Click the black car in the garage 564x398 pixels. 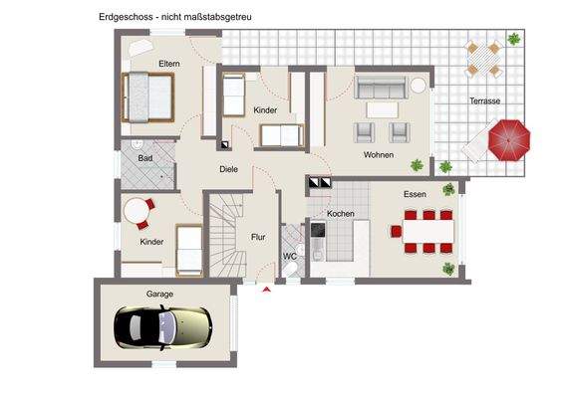(x=162, y=324)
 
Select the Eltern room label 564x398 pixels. (x=168, y=65)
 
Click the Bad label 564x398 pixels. (x=144, y=158)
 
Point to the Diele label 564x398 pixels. (x=228, y=168)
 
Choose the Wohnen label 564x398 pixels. (x=378, y=155)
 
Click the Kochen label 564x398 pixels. (x=341, y=214)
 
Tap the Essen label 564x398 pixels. (x=415, y=195)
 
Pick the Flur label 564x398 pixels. (x=257, y=237)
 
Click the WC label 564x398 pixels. (x=289, y=257)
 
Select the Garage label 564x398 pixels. (x=160, y=295)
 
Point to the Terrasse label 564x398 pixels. (x=485, y=101)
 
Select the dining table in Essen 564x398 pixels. (x=426, y=232)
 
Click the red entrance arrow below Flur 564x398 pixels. (x=266, y=290)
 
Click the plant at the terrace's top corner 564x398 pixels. (x=513, y=40)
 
